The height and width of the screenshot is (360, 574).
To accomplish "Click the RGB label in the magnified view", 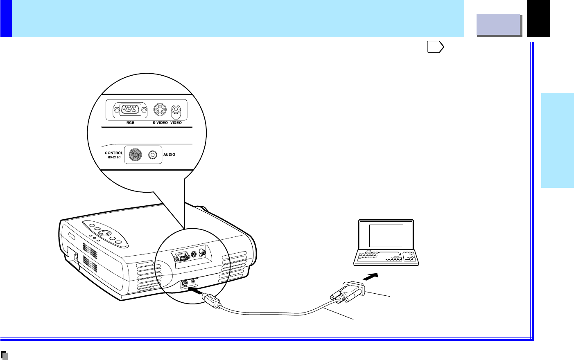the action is [x=130, y=123].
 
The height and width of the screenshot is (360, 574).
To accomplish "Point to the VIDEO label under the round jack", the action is [x=176, y=123].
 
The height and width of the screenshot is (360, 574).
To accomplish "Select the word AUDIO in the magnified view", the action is [x=169, y=155].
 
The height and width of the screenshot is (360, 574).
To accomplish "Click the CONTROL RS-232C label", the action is [x=113, y=155].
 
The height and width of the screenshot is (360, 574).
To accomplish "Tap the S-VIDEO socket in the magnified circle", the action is [x=160, y=110].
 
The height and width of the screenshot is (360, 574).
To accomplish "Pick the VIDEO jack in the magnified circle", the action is [x=176, y=110].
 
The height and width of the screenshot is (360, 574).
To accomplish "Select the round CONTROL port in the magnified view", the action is [x=135, y=155].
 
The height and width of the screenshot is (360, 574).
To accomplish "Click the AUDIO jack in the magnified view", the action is [x=153, y=155].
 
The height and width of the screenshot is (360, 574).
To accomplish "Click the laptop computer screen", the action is [x=386, y=235].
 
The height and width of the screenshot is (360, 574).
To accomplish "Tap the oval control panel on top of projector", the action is [x=105, y=234].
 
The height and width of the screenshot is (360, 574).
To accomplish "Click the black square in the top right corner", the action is [x=538, y=18].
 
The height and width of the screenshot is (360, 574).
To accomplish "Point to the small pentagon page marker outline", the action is [x=436, y=47].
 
